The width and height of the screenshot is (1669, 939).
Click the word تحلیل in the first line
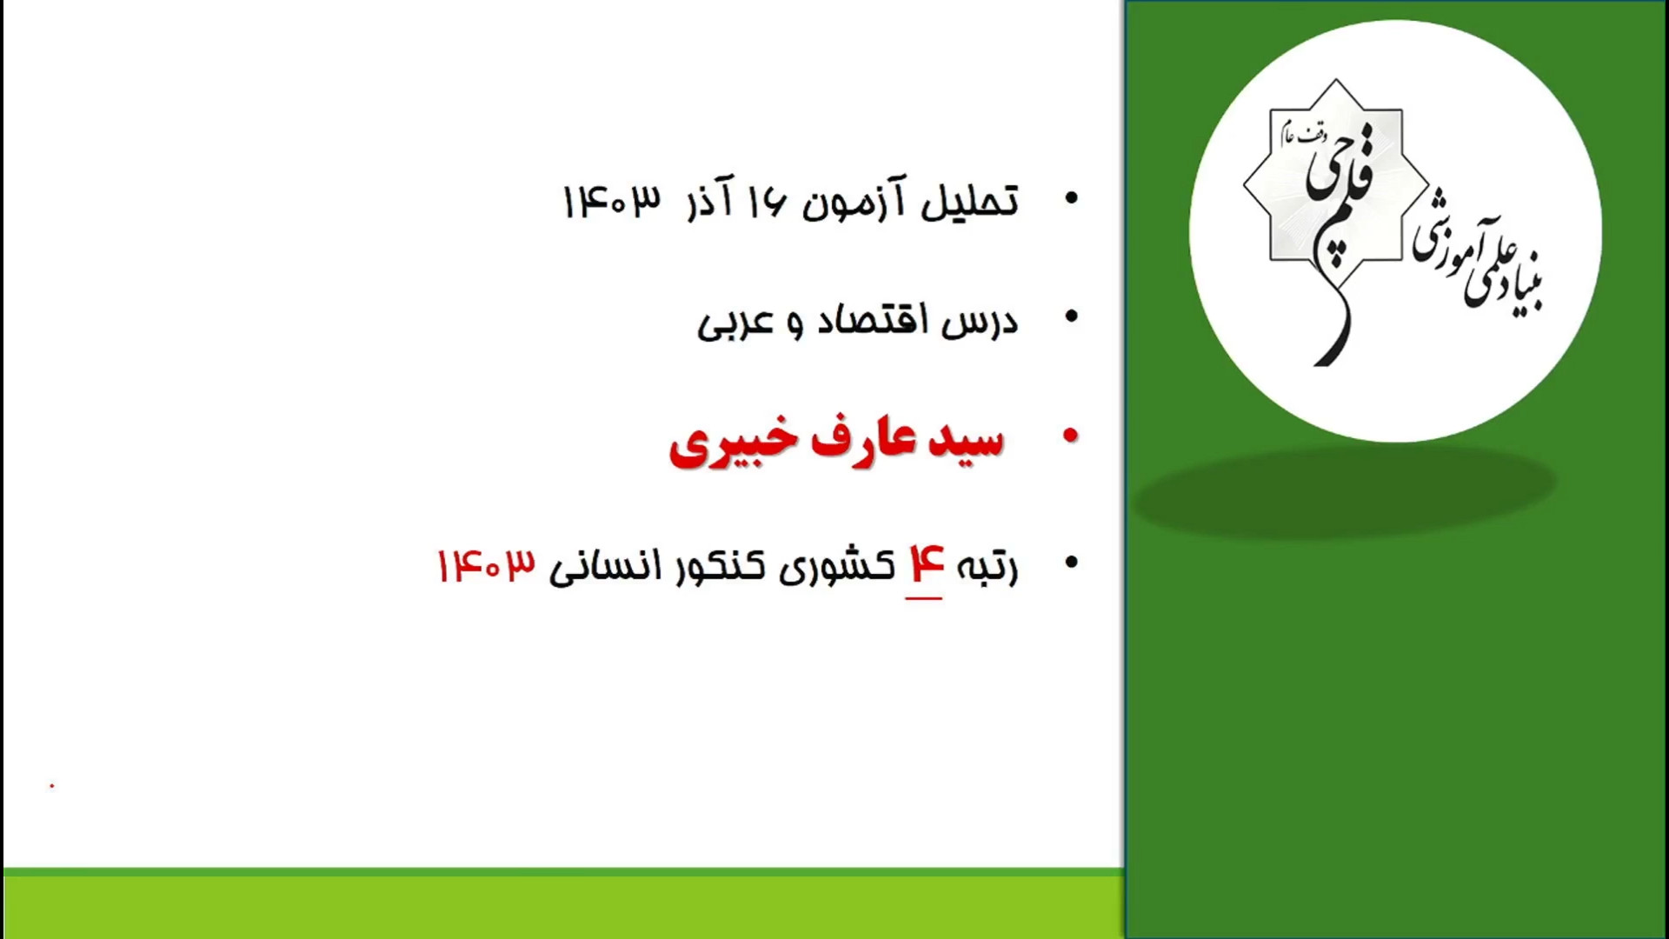pos(969,201)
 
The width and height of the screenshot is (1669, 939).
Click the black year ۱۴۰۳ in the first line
pos(612,201)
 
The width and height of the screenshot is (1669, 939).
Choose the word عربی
pos(735,323)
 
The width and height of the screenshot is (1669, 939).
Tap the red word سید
pos(966,439)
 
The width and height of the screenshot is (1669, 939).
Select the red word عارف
pos(863,439)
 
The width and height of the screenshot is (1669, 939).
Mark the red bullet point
pos(1071,436)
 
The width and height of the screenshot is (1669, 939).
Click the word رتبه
pos(987,567)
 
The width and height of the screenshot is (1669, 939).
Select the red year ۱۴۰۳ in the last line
pos(486,566)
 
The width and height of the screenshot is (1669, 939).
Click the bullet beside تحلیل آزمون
pos(1071,198)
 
